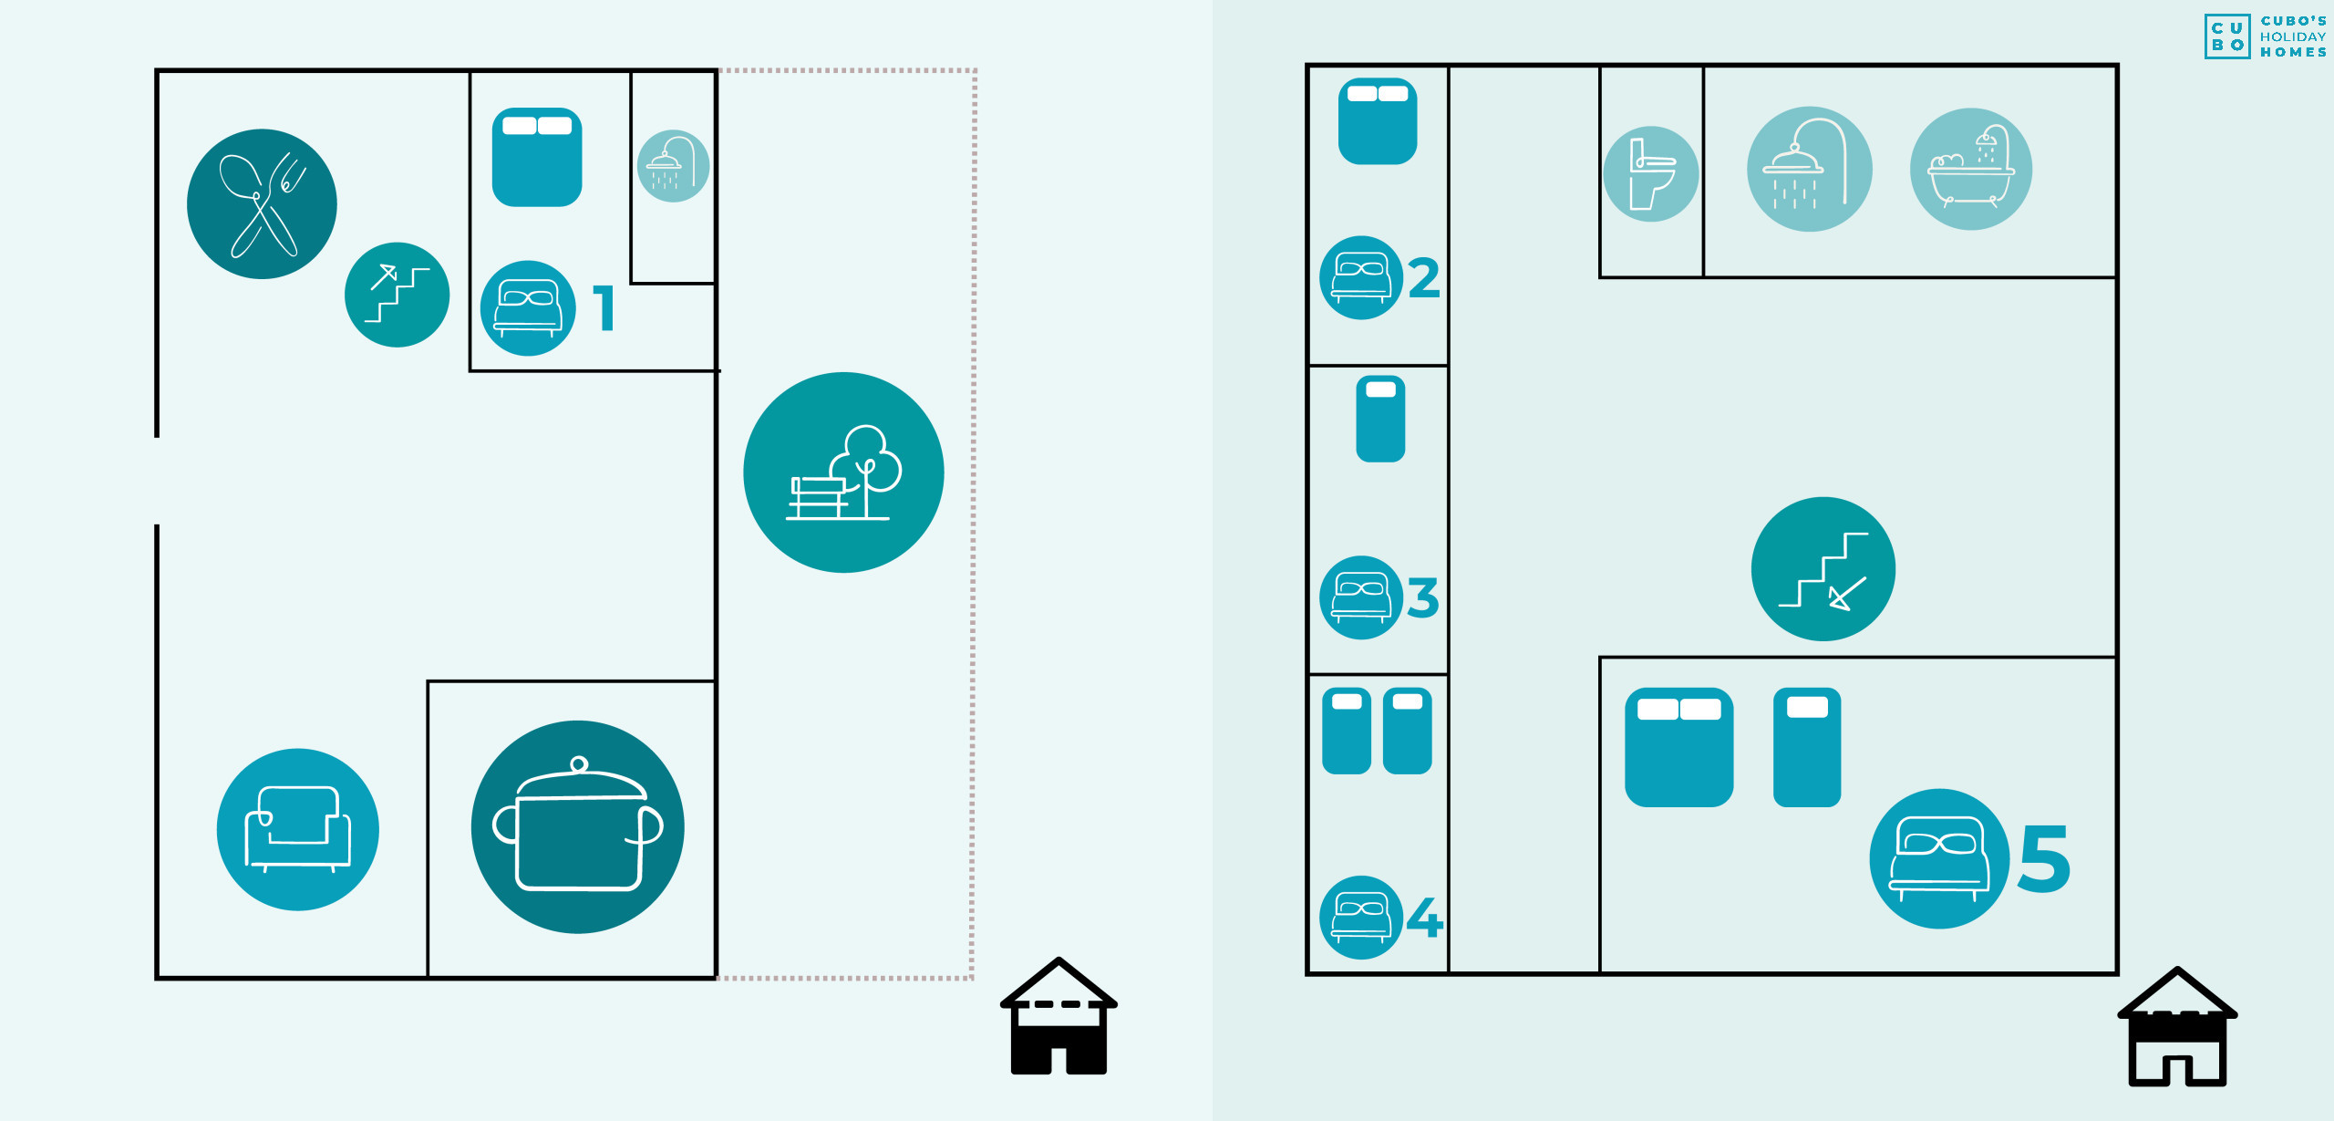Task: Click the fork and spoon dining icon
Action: tap(262, 203)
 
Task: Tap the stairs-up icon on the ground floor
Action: tap(397, 295)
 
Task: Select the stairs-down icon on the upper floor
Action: tap(1823, 569)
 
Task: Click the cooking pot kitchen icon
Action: tap(577, 827)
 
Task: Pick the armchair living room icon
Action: tap(297, 829)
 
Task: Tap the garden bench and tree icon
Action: tap(843, 472)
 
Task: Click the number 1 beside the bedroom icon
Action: tap(604, 307)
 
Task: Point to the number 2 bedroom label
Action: tap(1424, 278)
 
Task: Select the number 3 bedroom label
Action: tap(1423, 597)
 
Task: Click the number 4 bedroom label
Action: tap(1425, 918)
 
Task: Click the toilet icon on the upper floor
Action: tap(1650, 173)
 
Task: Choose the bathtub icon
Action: tap(1970, 170)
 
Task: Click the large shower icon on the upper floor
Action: tap(1809, 170)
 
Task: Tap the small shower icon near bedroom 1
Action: tap(673, 166)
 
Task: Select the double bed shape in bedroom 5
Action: tap(1678, 747)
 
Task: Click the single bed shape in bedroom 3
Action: tap(1380, 420)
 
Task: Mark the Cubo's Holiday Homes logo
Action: tap(2265, 36)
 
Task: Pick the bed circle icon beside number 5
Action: tap(1939, 858)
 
